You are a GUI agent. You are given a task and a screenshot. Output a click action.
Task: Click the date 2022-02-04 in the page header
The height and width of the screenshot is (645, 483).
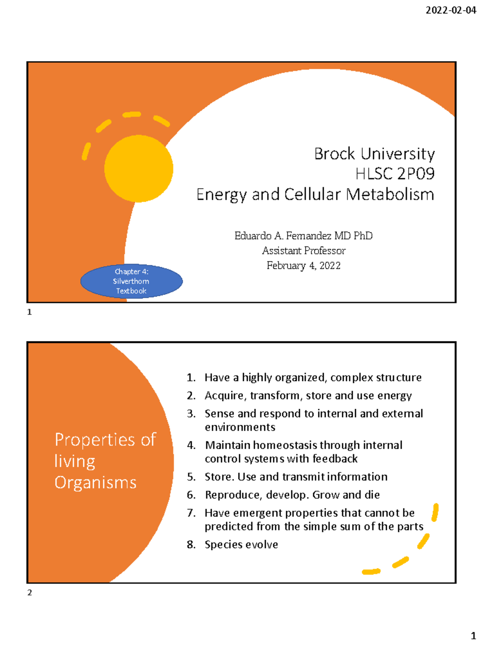coord(451,10)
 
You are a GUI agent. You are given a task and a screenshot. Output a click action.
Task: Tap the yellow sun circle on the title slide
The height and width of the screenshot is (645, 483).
coord(139,169)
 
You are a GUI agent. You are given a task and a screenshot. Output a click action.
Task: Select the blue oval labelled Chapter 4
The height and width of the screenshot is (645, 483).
coord(132,281)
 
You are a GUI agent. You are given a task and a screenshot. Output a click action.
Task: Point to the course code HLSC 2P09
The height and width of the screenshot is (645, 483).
coord(395,174)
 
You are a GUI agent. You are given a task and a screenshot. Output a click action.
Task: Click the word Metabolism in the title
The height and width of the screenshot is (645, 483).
coord(390,194)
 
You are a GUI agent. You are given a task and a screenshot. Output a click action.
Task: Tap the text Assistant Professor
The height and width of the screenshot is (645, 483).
coord(304,251)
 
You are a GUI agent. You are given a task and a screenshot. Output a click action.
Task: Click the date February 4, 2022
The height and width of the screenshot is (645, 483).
coord(303,266)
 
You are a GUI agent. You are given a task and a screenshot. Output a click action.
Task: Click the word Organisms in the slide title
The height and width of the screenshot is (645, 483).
coord(96,483)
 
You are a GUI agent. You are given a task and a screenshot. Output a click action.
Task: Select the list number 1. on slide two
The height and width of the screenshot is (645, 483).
coord(191,378)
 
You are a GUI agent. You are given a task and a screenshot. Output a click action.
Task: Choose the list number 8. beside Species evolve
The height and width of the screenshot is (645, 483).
coord(191,545)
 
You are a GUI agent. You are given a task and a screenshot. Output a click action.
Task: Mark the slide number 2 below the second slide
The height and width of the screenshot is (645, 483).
coord(29,593)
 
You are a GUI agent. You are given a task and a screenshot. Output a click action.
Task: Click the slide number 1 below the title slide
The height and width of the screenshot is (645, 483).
coord(29,312)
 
